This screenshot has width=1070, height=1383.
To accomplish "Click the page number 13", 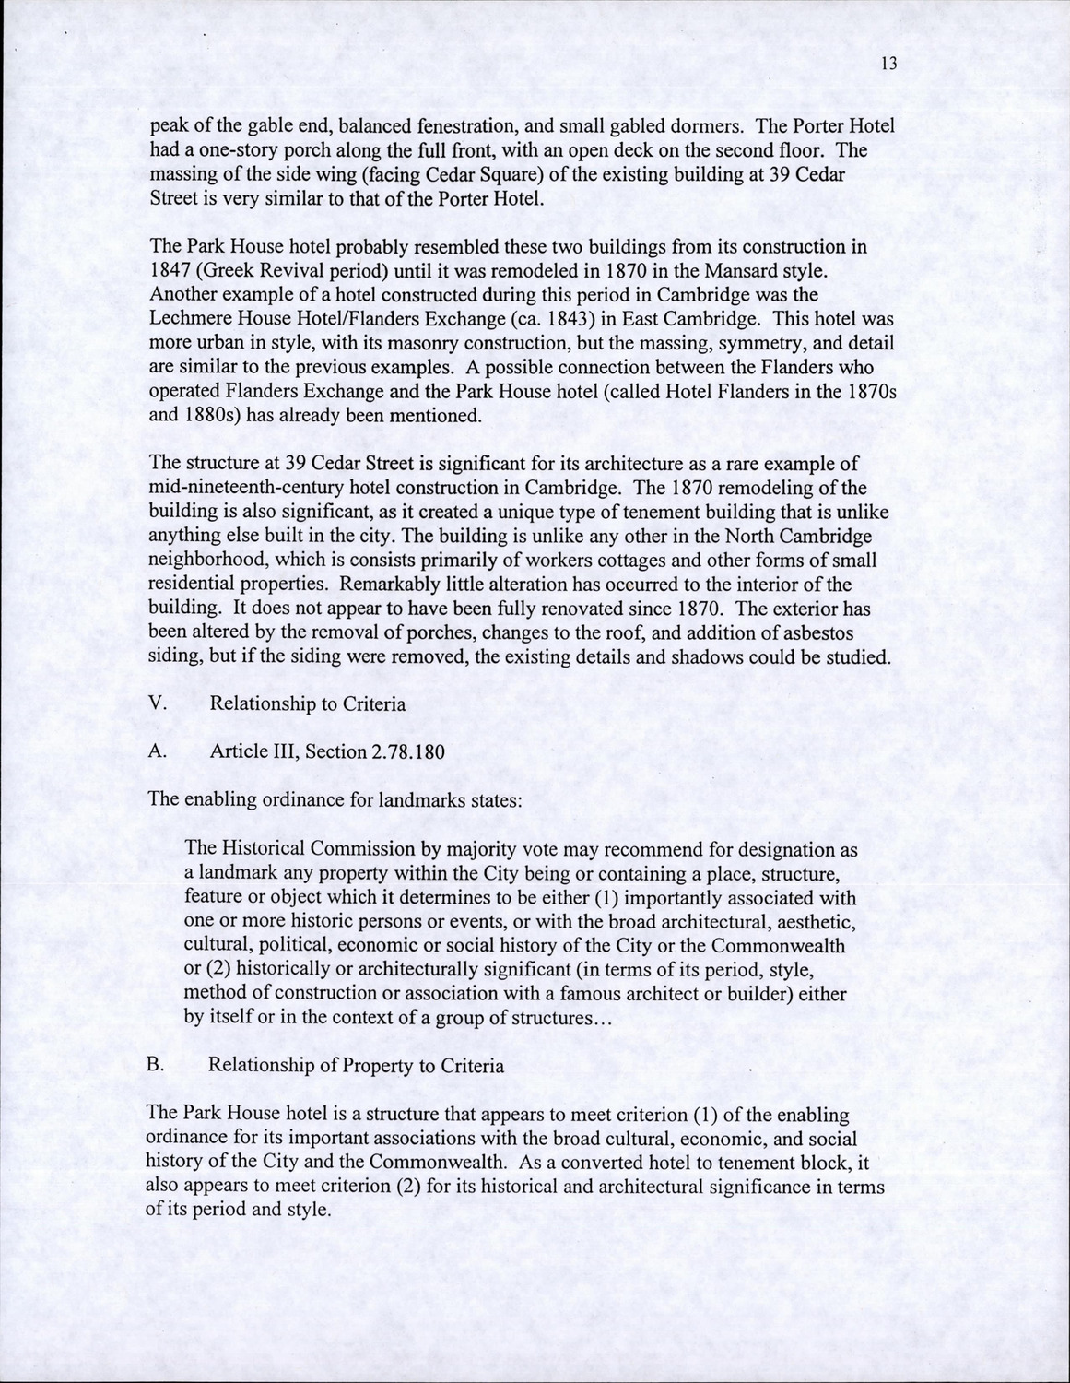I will pyautogui.click(x=888, y=64).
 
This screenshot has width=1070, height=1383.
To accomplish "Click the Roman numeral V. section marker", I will pyautogui.click(x=157, y=704).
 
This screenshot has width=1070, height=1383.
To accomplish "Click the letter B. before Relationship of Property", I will pyautogui.click(x=155, y=1065).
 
